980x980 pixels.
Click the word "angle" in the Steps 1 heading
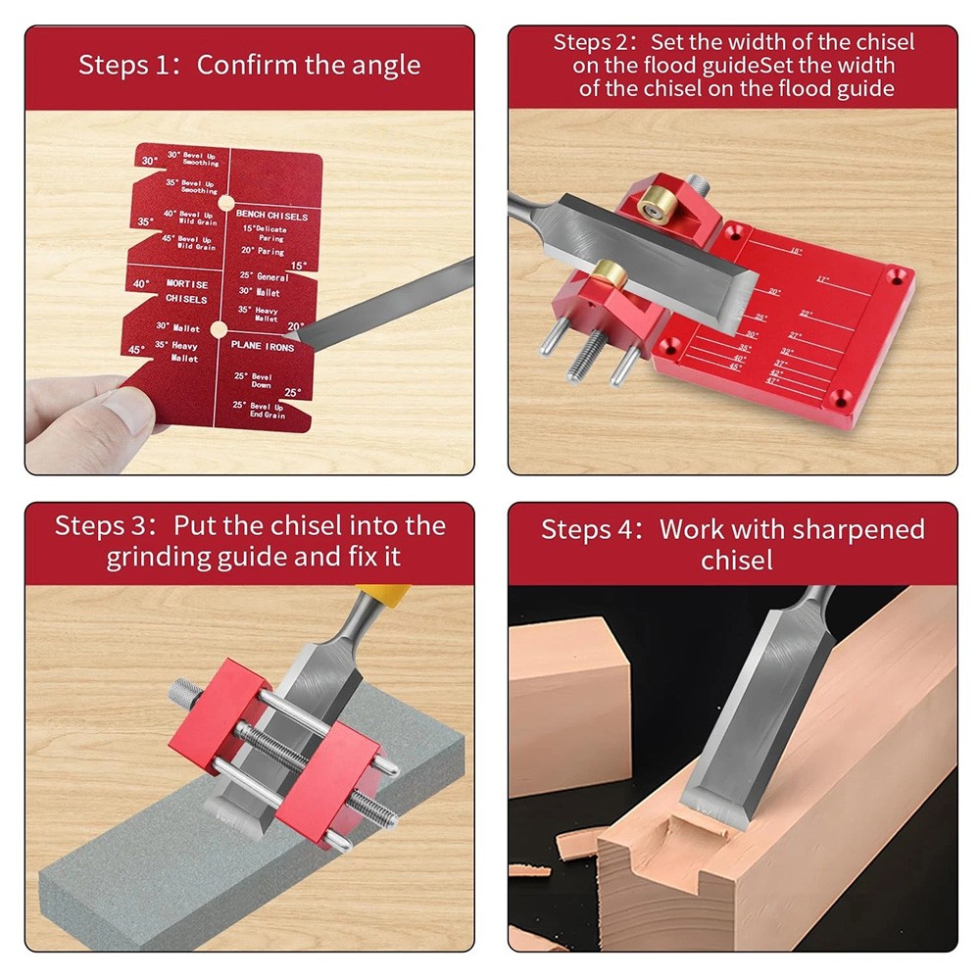point(382,66)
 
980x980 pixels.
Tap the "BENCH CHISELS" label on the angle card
point(271,216)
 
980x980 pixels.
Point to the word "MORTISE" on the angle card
point(186,283)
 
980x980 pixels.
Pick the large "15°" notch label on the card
point(297,266)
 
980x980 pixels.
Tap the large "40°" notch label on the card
point(140,284)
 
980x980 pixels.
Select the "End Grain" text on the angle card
point(267,416)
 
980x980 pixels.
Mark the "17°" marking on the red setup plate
point(823,279)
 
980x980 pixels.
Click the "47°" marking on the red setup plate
point(772,380)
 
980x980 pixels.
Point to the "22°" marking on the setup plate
point(806,315)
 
